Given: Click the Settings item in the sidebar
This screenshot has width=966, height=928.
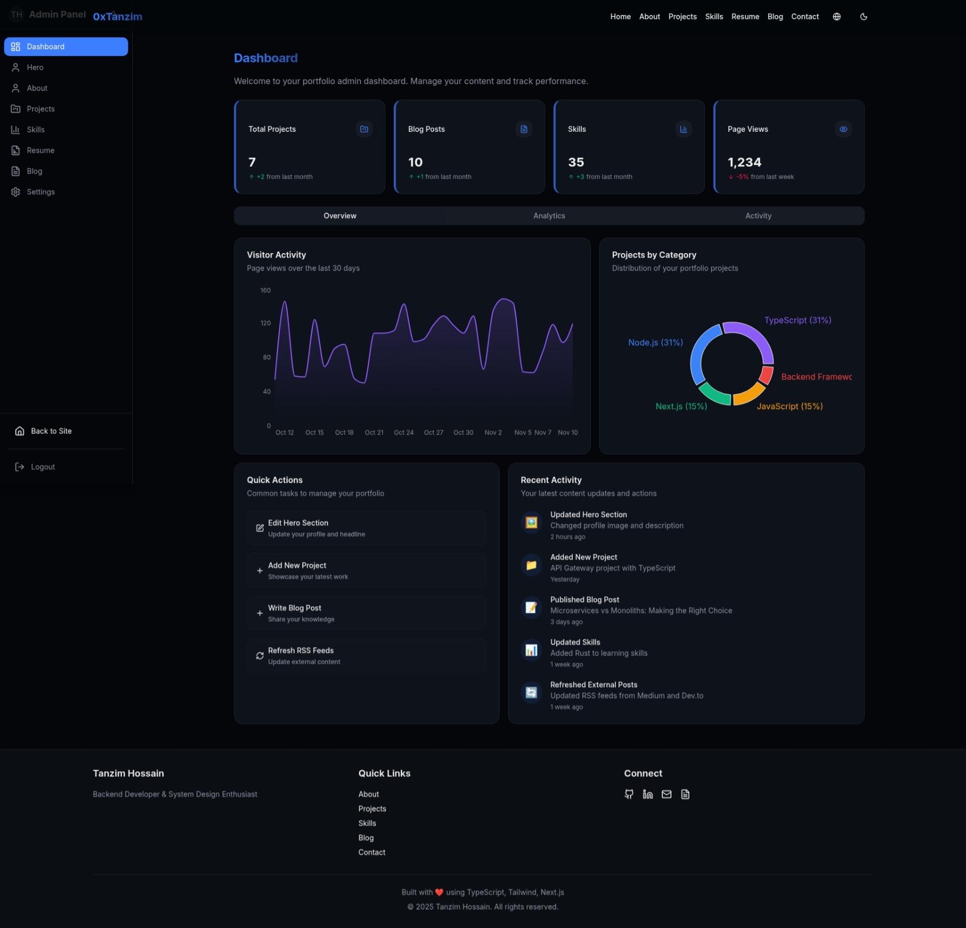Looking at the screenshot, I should point(40,192).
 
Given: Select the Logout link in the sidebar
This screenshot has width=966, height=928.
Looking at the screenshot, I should point(43,467).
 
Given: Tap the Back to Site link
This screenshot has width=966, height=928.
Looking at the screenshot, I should point(51,431).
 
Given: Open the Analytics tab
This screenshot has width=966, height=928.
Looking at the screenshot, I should point(549,216).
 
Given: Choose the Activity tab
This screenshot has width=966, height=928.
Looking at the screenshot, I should point(758,216).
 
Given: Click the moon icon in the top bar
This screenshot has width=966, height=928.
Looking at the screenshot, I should point(863,17).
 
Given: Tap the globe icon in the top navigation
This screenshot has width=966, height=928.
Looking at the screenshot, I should point(836,17).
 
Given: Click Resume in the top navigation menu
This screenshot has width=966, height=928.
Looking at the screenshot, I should point(745,17).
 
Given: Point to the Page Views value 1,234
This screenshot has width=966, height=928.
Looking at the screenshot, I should point(744,162).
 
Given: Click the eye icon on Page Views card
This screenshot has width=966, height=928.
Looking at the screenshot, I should point(843,129).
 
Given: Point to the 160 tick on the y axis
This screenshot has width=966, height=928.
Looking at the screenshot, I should point(265,291).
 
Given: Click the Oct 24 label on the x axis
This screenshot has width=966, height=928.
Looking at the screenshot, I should point(403,432).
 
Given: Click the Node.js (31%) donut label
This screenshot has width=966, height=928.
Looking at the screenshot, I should point(655,343).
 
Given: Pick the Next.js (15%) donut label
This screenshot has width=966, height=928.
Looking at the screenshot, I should point(681,406).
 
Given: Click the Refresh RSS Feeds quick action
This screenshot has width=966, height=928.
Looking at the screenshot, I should point(366,656).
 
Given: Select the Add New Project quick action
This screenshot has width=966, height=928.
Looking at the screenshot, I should point(366,570).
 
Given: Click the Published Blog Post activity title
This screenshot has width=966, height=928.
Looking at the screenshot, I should point(584,600).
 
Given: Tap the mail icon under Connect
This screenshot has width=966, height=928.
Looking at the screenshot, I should point(666,795).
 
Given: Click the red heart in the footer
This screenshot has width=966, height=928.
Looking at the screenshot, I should point(439,893).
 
